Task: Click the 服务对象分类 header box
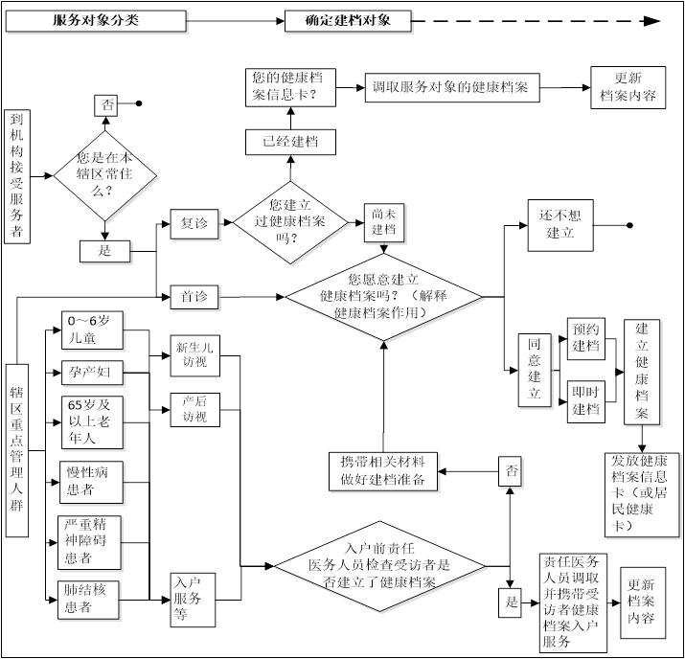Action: click(96, 20)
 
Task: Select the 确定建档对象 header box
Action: click(348, 20)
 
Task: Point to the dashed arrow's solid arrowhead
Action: click(652, 20)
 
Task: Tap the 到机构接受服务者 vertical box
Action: click(17, 176)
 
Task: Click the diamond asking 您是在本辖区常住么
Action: click(104, 175)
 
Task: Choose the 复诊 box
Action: click(194, 224)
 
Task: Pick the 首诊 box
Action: click(194, 297)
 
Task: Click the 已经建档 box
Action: click(290, 142)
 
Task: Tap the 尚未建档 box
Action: click(384, 223)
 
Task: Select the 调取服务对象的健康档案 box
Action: click(452, 87)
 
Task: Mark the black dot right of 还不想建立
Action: click(629, 225)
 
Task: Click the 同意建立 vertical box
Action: click(535, 371)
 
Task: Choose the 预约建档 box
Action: click(586, 338)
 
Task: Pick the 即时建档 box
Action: click(586, 401)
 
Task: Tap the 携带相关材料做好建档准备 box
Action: click(383, 471)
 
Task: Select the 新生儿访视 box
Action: click(194, 355)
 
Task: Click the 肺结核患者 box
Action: click(88, 600)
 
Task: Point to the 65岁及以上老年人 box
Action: click(92, 422)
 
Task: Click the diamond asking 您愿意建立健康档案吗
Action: click(383, 297)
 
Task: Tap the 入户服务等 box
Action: click(193, 600)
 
